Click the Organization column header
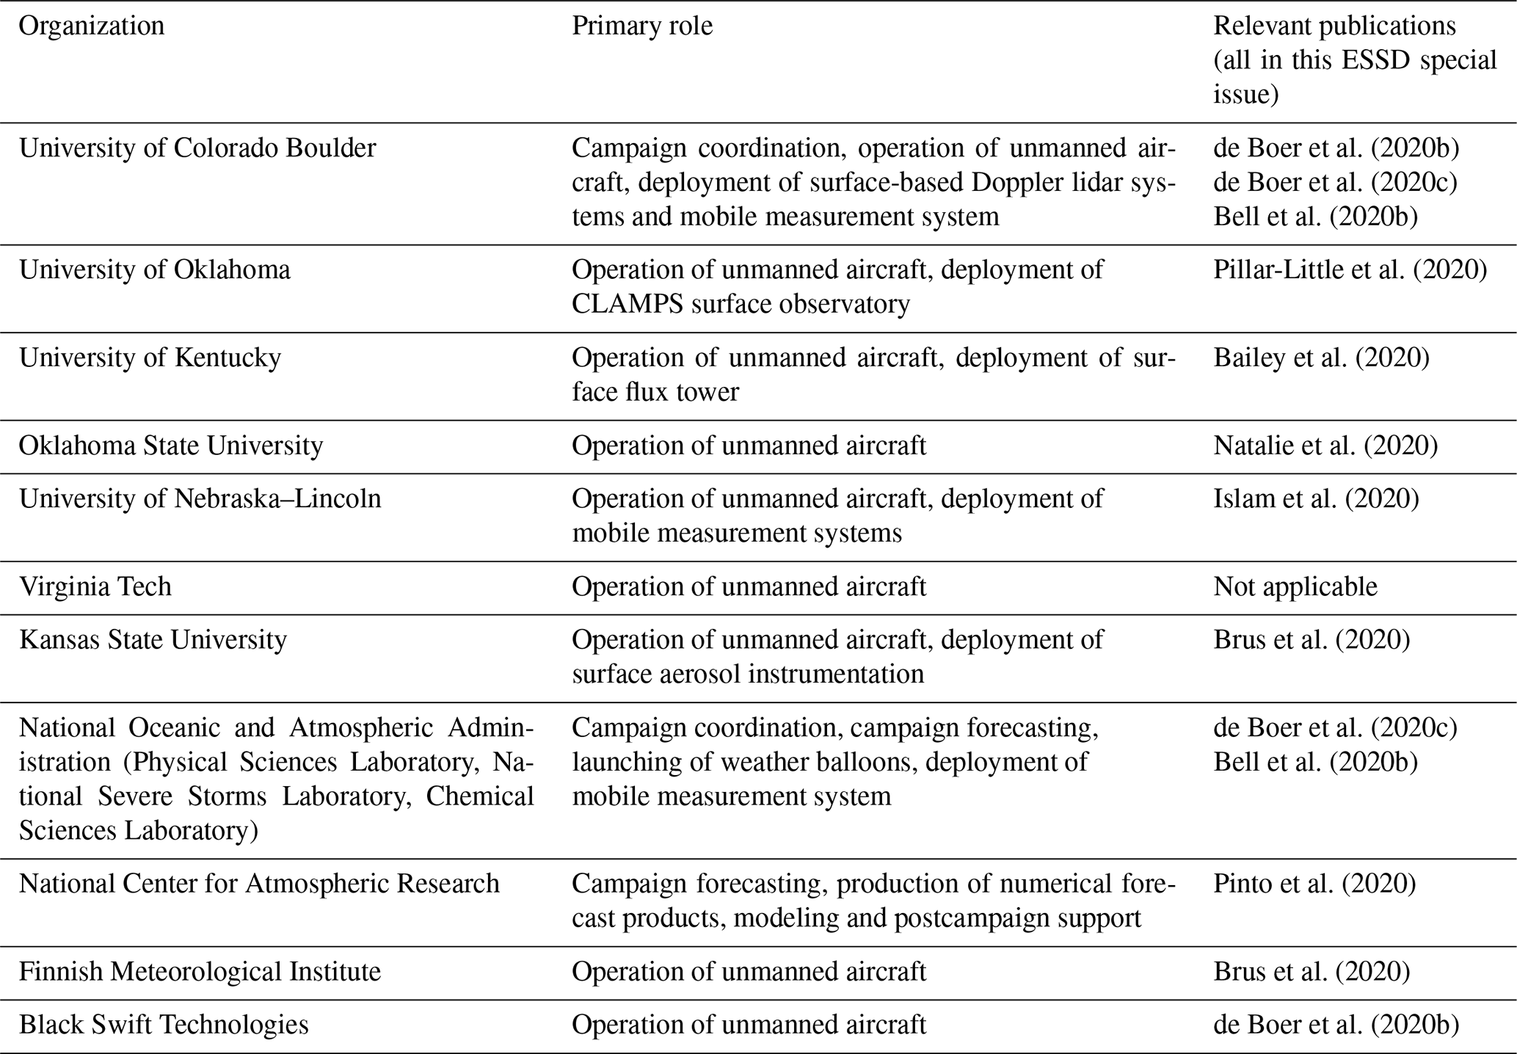92,26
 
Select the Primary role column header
642,26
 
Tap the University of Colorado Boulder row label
197,148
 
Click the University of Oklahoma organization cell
155,270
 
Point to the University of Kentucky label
150,358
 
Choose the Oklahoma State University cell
171,446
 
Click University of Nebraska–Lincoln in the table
200,499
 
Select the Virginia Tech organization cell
95,587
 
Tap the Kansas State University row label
153,640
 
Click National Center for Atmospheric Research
259,884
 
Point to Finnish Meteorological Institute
200,972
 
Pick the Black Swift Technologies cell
164,1025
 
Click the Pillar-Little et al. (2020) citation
1350,270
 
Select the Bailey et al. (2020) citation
1322,358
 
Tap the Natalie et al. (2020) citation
1325,446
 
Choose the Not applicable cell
1295,587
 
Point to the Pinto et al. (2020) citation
1314,884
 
